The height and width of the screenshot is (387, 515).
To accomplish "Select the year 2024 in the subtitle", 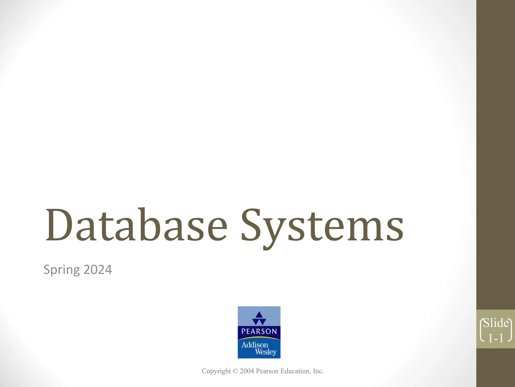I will click(98, 270).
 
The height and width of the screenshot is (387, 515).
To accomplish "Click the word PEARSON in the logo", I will click(259, 331).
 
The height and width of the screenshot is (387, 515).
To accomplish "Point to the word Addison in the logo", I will click(255, 345).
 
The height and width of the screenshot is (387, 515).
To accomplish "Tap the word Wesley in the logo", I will click(266, 352).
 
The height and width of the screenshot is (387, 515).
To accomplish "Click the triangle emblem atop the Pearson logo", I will click(259, 318).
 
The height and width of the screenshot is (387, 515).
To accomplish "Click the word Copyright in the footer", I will click(216, 371).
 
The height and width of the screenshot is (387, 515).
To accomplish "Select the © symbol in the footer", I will click(235, 371).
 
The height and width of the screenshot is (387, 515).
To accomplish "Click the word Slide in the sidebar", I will click(496, 323).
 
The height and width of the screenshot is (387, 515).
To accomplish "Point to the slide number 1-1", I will click(496, 338).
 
